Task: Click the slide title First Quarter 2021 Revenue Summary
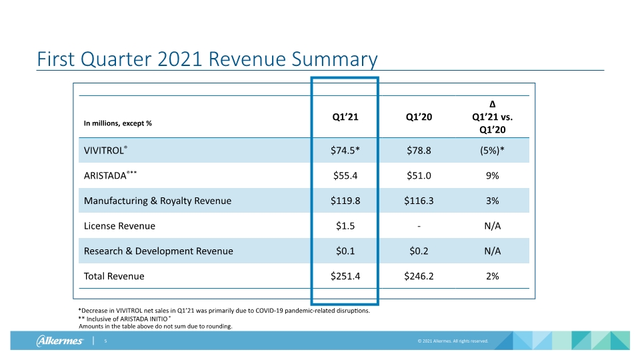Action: click(207, 59)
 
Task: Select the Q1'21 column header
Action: click(345, 117)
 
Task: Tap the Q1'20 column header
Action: click(419, 117)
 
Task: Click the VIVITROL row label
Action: click(105, 150)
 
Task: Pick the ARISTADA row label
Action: click(110, 175)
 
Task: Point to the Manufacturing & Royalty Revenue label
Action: click(157, 201)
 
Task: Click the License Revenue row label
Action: click(119, 226)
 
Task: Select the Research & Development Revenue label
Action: click(159, 251)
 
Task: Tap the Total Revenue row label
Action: click(114, 276)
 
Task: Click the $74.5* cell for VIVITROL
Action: click(345, 151)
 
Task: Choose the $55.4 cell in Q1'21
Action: click(345, 175)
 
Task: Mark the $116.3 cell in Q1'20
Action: click(419, 201)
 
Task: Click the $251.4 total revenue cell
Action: click(345, 276)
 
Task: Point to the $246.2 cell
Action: click(419, 276)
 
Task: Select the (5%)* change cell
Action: click(492, 151)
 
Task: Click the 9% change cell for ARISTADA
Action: click(492, 175)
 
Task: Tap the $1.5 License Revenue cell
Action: click(345, 226)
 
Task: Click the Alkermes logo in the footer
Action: click(60, 341)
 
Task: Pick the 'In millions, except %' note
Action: click(117, 123)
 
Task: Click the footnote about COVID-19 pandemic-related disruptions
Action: click(224, 311)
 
